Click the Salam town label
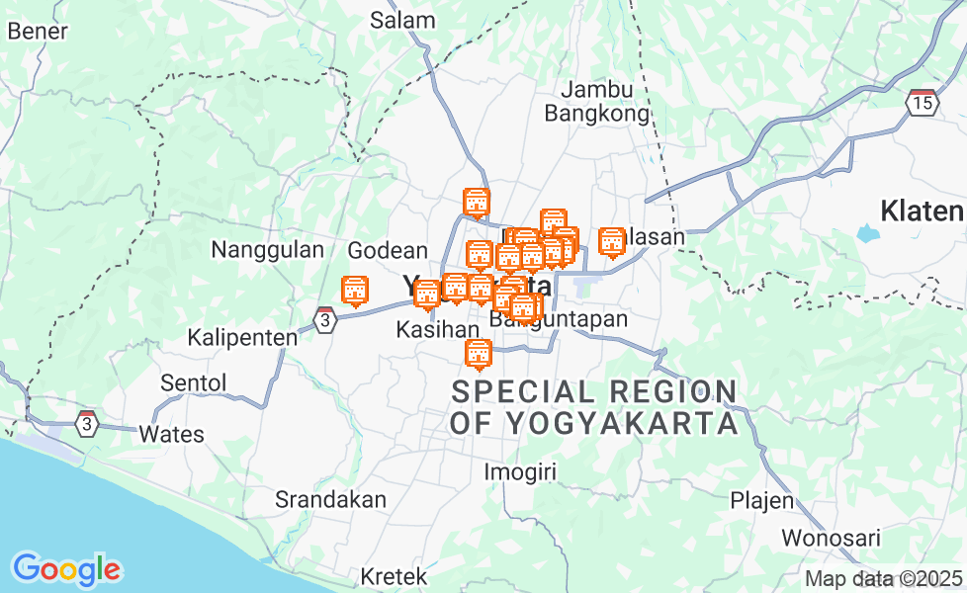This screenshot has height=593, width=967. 402,20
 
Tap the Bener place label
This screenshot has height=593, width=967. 38,31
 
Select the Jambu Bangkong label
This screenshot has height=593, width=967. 597,102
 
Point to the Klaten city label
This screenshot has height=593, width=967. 922,211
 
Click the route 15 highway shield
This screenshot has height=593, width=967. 922,101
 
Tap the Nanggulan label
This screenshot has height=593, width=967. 267,250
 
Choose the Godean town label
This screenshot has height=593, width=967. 388,251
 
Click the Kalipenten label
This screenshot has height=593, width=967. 242,338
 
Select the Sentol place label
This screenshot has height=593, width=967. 194,382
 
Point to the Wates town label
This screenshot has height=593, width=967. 171,434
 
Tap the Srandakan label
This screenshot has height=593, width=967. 330,499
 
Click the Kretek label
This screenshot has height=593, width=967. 394,575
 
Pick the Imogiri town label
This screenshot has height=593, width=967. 520,472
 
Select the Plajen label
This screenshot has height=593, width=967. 761,500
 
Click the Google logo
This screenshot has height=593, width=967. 66,569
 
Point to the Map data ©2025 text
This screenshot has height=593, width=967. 883,578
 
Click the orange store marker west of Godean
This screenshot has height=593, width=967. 354,291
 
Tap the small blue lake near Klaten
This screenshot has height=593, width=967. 867,233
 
